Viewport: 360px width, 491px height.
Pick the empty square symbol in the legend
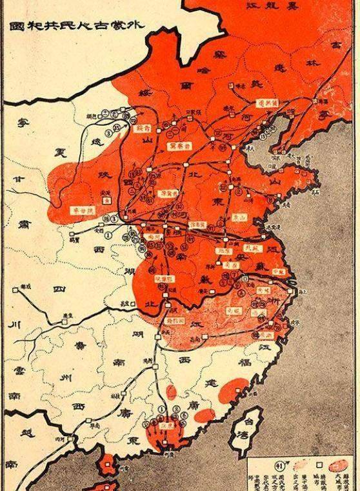319,464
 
